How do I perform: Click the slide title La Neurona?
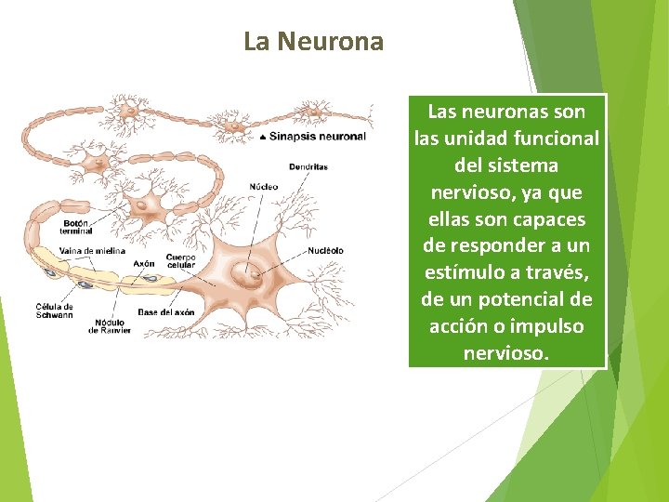[x=313, y=42]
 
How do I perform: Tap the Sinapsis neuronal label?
[x=318, y=136]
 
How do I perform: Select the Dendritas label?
[x=308, y=167]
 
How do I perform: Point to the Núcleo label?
[x=263, y=187]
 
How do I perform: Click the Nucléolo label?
[x=325, y=250]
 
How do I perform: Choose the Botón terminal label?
[x=77, y=227]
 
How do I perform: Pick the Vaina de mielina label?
[x=91, y=251]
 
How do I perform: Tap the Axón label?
[x=144, y=263]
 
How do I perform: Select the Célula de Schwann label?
[x=55, y=310]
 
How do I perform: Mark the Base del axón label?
[x=166, y=312]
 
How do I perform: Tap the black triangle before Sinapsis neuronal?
[x=263, y=137]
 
